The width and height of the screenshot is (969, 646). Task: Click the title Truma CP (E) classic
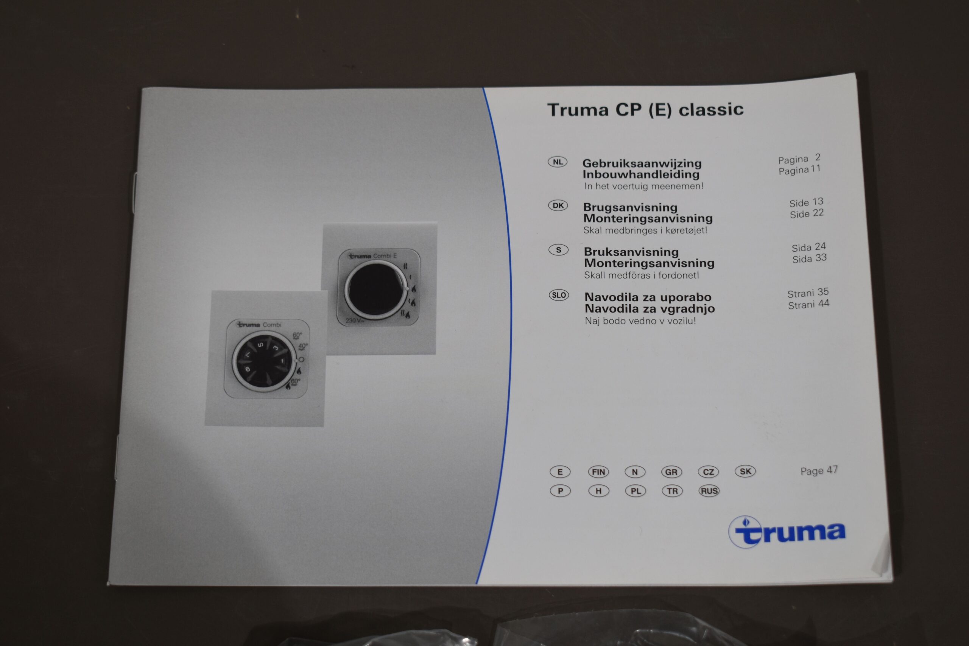coord(645,110)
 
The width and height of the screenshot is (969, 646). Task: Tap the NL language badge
coord(558,162)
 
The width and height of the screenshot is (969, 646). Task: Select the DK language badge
coord(558,205)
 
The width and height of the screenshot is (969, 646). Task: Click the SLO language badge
coord(559,295)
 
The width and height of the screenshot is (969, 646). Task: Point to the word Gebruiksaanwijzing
coord(642,163)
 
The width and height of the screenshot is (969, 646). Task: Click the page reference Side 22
coord(806,213)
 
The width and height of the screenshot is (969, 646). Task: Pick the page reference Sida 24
coord(809,247)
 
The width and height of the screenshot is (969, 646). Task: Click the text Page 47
coord(819,470)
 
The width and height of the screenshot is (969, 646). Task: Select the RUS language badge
coord(709,491)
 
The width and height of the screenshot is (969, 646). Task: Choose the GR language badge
coord(671,472)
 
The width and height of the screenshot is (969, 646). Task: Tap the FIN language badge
coord(598,472)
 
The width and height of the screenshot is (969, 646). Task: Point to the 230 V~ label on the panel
coord(354,320)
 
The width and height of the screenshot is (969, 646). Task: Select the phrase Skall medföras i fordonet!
coord(641,275)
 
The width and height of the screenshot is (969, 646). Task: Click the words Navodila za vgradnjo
coord(649,308)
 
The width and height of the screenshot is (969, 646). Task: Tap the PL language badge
coord(635,491)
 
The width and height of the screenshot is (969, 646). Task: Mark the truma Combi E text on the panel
coord(372,256)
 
